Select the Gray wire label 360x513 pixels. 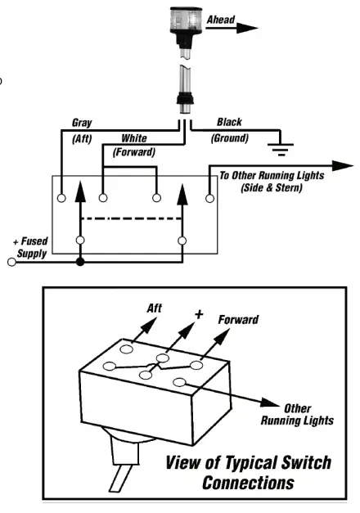82,124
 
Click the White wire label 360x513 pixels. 134,138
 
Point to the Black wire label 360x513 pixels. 229,123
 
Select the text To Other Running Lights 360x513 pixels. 272,175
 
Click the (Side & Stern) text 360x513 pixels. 272,187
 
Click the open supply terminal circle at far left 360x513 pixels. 11,263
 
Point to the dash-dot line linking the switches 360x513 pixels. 131,219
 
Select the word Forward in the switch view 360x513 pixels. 237,319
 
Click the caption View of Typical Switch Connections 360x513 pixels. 248,472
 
